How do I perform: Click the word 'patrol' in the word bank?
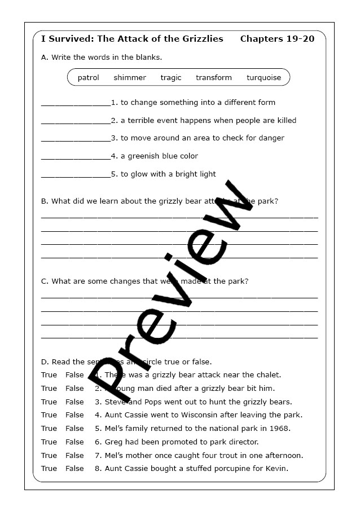[x=88, y=78]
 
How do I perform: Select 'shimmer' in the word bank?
[x=129, y=78]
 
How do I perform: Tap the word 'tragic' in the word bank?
[x=171, y=78]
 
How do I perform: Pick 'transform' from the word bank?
[x=213, y=78]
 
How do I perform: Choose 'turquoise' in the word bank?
[x=264, y=78]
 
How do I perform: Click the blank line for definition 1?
[x=76, y=104]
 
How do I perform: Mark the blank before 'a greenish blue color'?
[x=76, y=157]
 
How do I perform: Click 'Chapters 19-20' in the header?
[x=277, y=39]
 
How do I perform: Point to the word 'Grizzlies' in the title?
[x=200, y=39]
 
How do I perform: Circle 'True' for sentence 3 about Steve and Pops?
[x=49, y=402]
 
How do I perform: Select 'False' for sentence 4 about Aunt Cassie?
[x=74, y=415]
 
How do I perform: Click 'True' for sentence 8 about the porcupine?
[x=49, y=469]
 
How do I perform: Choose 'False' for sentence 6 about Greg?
[x=74, y=442]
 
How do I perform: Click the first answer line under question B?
[x=179, y=216]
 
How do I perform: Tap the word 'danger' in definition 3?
[x=271, y=138]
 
